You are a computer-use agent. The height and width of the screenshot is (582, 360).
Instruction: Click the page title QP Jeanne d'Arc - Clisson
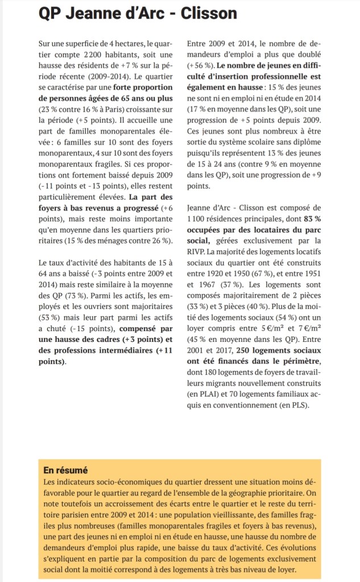pyautogui.click(x=138, y=14)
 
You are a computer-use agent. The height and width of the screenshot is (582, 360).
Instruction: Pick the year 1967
pyautogui.click(x=213, y=284)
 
